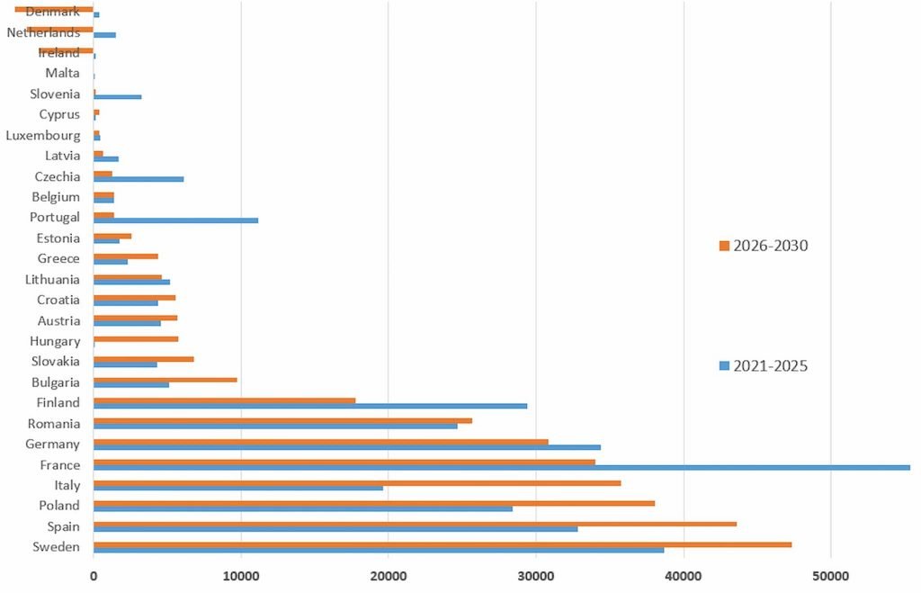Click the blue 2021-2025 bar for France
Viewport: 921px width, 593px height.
[x=501, y=468]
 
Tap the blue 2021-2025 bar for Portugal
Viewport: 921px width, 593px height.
[x=175, y=220]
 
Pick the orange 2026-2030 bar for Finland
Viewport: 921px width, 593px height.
[x=224, y=400]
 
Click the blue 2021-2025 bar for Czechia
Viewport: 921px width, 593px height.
[x=139, y=179]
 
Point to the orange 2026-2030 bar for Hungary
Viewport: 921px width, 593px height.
[x=136, y=338]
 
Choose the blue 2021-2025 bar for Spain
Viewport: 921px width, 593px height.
[x=335, y=529]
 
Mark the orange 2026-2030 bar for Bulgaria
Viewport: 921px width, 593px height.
[x=165, y=380]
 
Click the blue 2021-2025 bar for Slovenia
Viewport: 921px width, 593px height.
[x=117, y=96]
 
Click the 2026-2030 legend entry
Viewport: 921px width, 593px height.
[x=764, y=246]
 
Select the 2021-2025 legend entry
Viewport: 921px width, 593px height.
[x=764, y=366]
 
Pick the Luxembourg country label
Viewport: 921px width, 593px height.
[x=42, y=135]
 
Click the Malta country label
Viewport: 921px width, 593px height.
[x=62, y=73]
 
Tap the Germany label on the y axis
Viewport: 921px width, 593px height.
[x=52, y=444]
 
